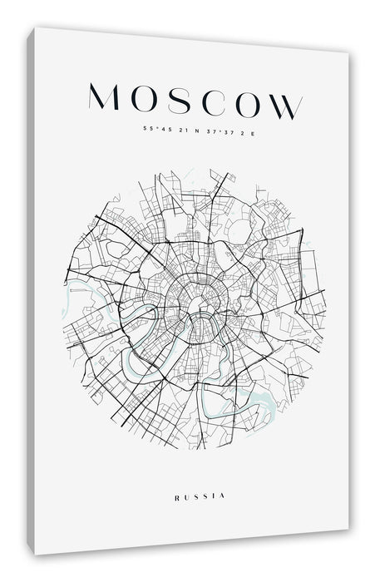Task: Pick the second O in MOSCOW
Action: (x=245, y=103)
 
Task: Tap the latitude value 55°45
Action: (x=153, y=129)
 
